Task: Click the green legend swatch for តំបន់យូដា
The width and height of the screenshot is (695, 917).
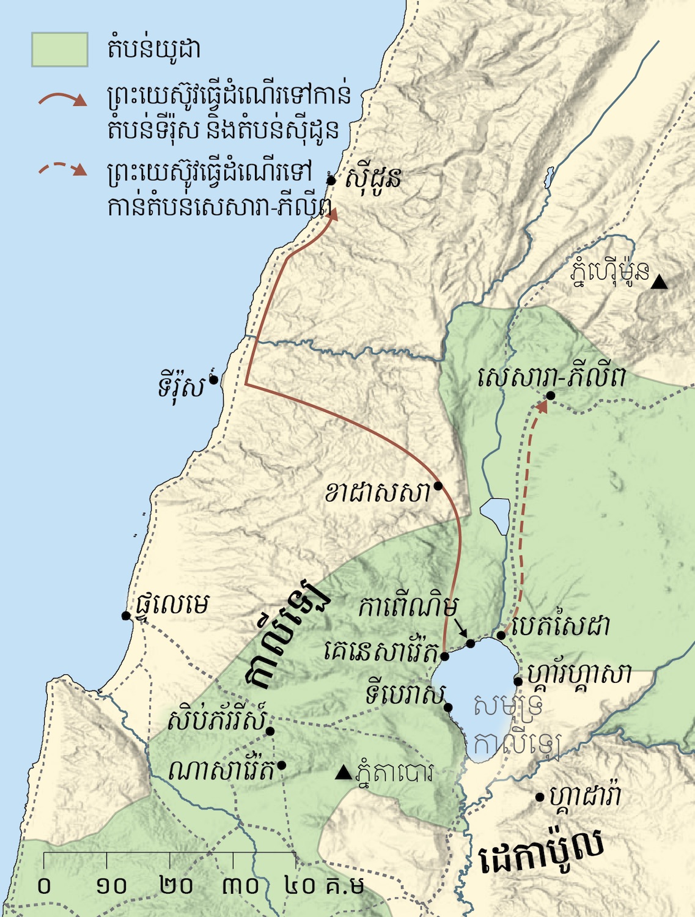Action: point(59,49)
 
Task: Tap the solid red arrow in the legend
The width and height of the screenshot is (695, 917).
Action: point(63,99)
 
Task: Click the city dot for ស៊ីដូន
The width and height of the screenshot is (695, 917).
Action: point(331,180)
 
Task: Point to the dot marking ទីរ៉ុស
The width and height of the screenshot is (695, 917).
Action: point(213,380)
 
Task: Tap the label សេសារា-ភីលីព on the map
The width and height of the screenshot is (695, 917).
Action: point(552,378)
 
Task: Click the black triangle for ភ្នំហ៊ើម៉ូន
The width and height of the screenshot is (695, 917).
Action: point(658,282)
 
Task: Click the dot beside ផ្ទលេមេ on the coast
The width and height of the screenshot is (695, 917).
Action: point(126,616)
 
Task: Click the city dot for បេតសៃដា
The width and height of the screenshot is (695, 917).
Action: point(501,635)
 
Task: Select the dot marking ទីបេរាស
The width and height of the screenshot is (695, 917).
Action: point(448,707)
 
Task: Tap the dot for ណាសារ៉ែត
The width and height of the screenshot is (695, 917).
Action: point(282,765)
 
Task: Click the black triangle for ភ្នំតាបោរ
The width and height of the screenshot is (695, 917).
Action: point(344,773)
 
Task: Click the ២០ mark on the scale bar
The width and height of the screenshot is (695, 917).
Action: point(176,886)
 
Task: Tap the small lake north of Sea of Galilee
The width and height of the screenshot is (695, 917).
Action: point(495,514)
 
